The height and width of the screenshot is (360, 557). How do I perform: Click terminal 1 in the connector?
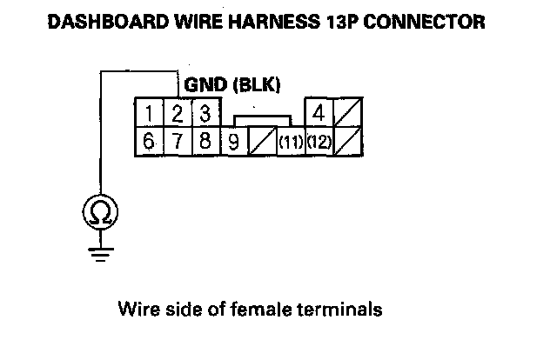[150, 114]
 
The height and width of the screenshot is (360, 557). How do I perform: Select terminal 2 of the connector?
[177, 114]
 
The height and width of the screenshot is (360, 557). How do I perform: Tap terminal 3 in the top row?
[204, 114]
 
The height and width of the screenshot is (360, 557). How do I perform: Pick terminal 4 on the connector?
[319, 114]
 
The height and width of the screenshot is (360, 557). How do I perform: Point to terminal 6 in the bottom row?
[150, 141]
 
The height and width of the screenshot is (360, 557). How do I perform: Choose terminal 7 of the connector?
[177, 141]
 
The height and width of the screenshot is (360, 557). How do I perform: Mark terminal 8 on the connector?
[204, 141]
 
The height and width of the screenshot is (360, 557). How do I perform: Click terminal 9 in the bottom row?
[232, 141]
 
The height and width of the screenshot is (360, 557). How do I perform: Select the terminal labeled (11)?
[290, 142]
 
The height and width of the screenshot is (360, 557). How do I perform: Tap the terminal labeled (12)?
[319, 142]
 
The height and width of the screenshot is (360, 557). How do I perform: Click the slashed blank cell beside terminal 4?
[350, 114]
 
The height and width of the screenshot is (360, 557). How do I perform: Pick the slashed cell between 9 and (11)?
[261, 142]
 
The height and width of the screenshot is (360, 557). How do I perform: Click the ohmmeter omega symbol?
[102, 212]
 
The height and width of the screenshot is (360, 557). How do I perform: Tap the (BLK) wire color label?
[255, 86]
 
